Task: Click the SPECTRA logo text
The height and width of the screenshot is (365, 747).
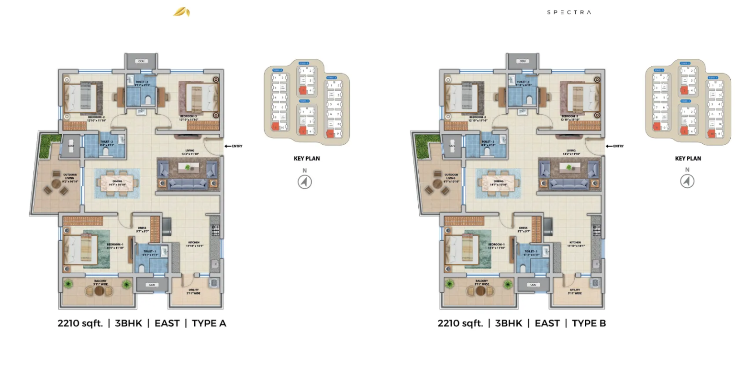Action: tap(569, 12)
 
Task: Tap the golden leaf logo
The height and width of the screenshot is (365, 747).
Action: tap(181, 12)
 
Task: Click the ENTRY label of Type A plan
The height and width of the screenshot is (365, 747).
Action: tap(237, 146)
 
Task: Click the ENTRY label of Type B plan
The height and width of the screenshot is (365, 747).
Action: tap(618, 146)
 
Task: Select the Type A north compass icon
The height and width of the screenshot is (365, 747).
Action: tap(305, 182)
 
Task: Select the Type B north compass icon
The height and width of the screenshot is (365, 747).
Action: tap(687, 182)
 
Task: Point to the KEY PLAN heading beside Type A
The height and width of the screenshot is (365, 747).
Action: tap(306, 159)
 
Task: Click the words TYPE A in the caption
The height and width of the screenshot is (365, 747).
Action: tap(209, 323)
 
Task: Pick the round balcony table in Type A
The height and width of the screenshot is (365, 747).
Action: tap(99, 290)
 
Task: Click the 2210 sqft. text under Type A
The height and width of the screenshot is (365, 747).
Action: tap(80, 323)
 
